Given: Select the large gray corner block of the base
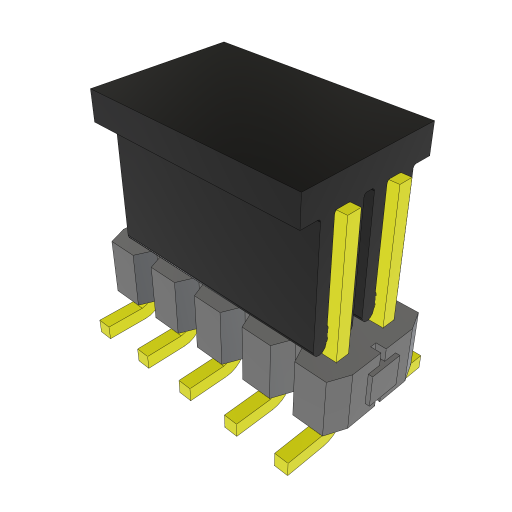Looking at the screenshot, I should coord(325,395).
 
